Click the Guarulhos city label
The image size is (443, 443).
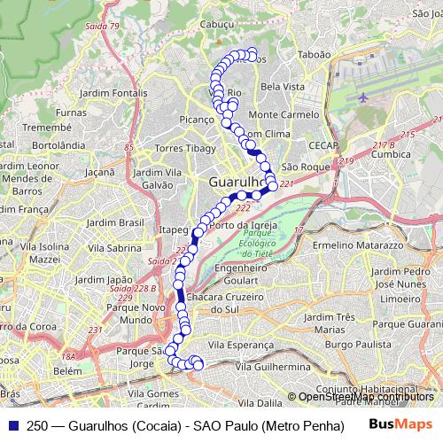click(237, 183)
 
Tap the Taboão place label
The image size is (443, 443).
click(313, 54)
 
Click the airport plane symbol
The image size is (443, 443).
click(364, 97)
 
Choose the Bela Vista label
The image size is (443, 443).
click(284, 87)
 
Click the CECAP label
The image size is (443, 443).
click(319, 144)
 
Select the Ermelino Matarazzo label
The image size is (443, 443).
click(358, 243)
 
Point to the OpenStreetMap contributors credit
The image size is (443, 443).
click(365, 397)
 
